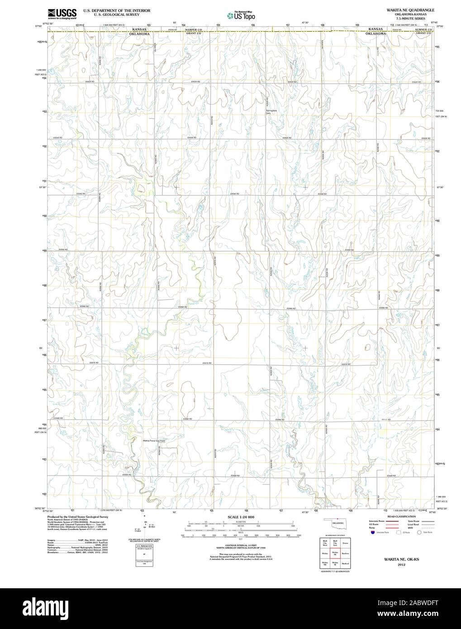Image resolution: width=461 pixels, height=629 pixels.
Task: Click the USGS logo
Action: [x=57, y=13]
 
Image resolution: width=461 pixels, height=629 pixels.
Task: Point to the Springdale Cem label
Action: [x=271, y=112]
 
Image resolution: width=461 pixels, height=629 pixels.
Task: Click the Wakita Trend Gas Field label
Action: [x=153, y=440]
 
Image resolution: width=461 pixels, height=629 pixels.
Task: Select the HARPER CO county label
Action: [x=193, y=29]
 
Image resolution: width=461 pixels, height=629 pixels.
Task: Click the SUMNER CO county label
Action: [x=423, y=29]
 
